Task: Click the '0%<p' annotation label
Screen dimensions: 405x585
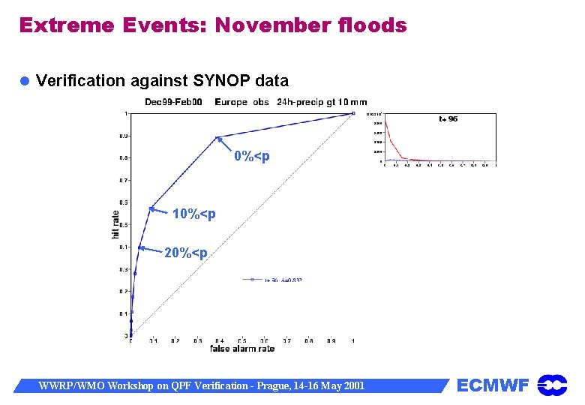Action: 251,157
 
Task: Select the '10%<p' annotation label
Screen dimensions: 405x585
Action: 193,214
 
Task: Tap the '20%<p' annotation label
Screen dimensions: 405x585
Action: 186,252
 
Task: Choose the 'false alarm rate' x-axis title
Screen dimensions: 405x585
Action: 242,349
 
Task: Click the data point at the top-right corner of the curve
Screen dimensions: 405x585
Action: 353,113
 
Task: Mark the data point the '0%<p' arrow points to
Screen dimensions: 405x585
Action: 217,137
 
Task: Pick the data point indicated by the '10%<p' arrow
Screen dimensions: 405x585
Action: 151,208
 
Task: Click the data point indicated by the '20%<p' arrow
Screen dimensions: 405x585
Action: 140,247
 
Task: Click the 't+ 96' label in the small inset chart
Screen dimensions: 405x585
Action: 448,118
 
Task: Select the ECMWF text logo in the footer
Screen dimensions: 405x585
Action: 493,385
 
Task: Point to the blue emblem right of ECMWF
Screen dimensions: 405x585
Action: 552,385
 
